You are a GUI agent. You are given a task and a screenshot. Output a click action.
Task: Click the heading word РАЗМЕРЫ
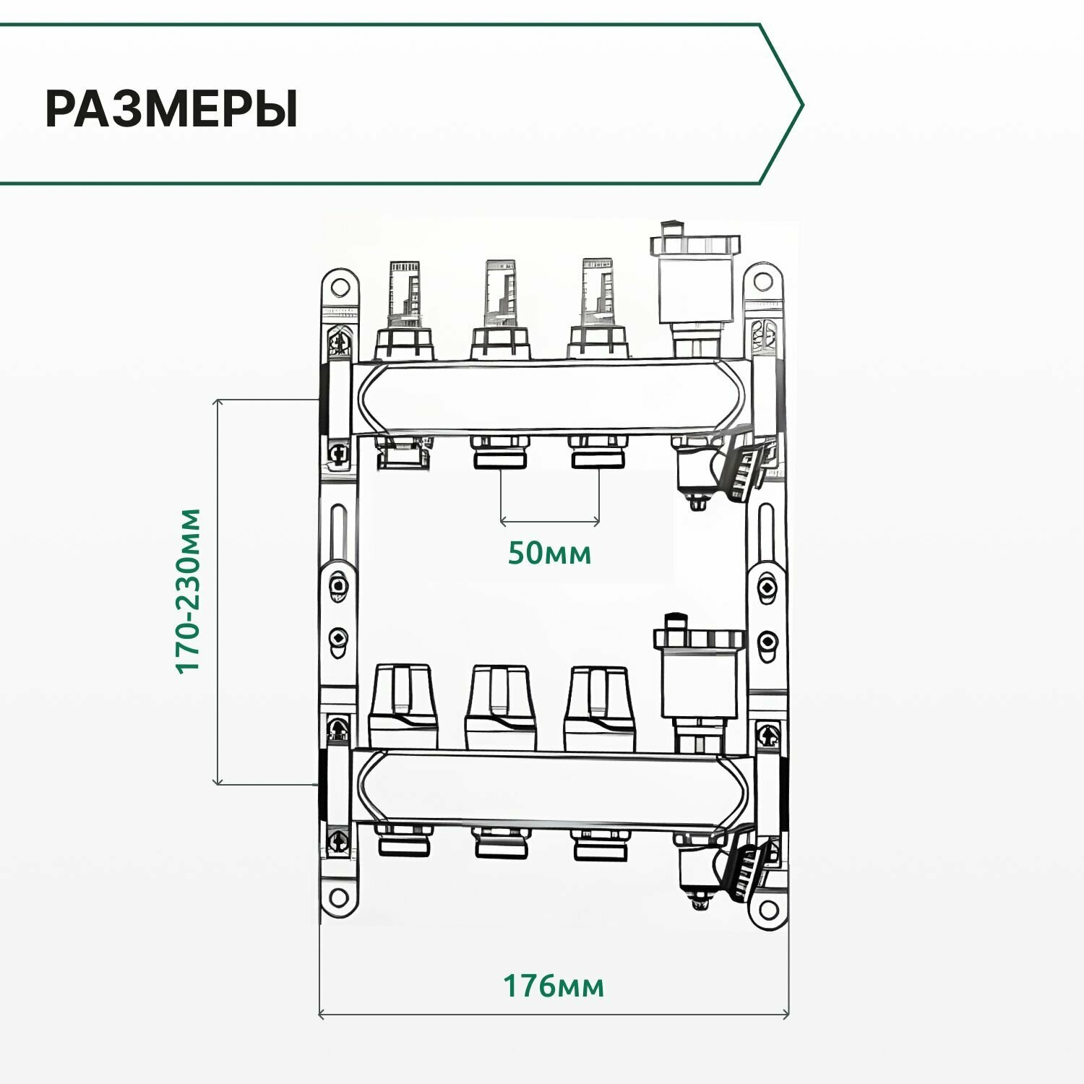171,110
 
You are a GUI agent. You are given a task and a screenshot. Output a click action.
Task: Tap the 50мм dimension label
549,554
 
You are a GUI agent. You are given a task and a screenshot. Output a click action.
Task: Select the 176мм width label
554,986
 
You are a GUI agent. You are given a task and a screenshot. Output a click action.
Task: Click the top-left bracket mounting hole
340,285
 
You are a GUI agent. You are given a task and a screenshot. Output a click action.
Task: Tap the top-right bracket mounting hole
762,280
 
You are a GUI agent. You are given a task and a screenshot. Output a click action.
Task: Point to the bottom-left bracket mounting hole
338,900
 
